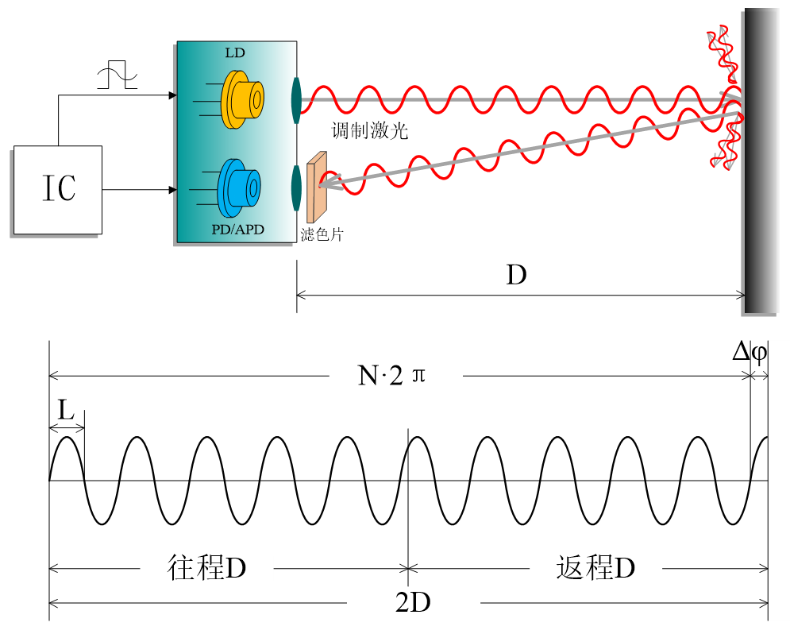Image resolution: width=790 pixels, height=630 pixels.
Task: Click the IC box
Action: click(58, 189)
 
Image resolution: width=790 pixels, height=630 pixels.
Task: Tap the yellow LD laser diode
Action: click(242, 99)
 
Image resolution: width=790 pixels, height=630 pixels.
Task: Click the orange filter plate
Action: click(316, 186)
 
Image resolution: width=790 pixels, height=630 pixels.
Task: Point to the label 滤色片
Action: click(322, 234)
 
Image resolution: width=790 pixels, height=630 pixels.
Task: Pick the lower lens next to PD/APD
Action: click(296, 187)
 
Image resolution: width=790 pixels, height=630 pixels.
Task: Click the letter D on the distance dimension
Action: click(517, 276)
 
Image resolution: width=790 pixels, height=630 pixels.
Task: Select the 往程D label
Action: click(207, 567)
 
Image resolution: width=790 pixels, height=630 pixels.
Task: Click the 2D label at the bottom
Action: click(412, 603)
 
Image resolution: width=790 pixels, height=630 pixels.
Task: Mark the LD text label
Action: click(235, 53)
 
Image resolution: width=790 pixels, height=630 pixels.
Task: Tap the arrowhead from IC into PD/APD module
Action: click(172, 190)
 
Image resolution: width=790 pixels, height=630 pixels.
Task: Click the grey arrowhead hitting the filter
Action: click(326, 185)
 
